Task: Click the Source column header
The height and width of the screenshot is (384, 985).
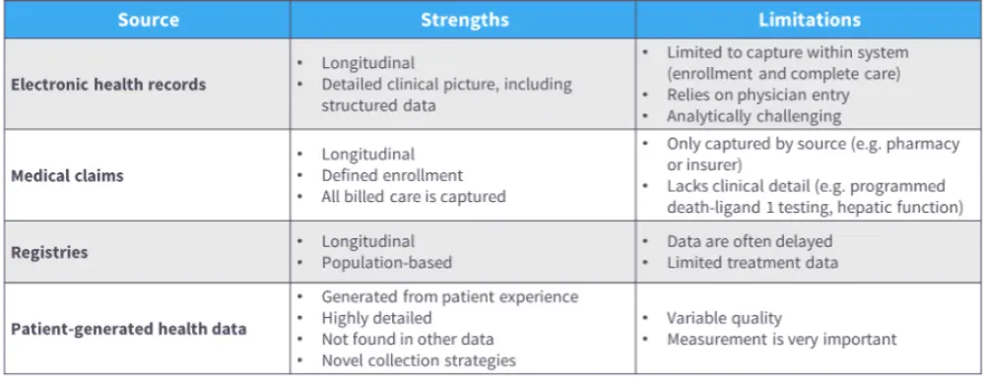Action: point(149,20)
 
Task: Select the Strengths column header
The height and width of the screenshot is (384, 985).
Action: point(464,20)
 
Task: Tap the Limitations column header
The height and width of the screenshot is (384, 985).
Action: point(810,20)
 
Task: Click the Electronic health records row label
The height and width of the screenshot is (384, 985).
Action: point(108,85)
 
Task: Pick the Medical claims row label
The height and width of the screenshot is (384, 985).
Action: point(67,175)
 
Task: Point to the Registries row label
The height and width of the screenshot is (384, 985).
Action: point(49,252)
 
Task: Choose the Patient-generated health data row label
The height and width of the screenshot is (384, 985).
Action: point(128,328)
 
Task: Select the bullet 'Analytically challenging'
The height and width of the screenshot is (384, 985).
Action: point(754,116)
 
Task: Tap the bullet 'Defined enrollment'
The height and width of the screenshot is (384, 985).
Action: point(392,175)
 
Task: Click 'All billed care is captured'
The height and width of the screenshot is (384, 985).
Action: point(414,196)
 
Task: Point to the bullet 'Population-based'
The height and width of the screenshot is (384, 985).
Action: point(386,262)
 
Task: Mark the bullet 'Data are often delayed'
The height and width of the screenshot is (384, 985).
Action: point(750,241)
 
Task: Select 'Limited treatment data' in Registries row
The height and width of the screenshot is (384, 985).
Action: point(753,262)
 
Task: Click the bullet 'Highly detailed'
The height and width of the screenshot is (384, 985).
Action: point(377,318)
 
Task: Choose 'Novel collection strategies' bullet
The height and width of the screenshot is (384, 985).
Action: point(419,360)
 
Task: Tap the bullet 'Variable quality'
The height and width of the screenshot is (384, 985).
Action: point(724,318)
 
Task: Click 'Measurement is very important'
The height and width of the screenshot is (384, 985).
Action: point(782,340)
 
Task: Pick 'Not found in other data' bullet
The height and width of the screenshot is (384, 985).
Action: point(408,340)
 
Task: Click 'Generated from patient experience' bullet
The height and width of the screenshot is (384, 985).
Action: point(450,296)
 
